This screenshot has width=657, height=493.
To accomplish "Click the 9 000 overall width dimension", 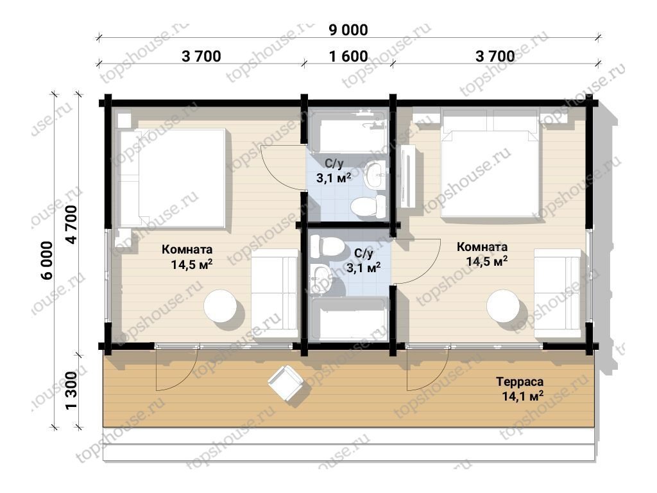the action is tap(348, 30).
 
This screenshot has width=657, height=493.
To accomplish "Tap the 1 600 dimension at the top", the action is tap(348, 56).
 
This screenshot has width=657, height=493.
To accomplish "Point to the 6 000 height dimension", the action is tap(47, 260).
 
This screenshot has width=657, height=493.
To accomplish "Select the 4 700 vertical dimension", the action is tap(71, 224).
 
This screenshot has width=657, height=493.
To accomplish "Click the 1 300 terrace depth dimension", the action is tap(71, 390).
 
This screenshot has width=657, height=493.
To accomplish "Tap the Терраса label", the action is tap(520, 382).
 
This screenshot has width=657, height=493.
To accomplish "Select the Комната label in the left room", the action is tap(187, 250).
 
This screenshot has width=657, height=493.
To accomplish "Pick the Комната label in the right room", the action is tap(482, 246).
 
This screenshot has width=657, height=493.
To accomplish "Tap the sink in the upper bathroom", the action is tap(375, 175).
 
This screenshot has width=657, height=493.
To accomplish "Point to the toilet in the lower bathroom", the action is tap(327, 246).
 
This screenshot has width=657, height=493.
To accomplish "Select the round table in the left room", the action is tap(220, 306).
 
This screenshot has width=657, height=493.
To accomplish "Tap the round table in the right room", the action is tap(503, 306).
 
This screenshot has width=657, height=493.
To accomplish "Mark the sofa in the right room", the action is tap(558, 293).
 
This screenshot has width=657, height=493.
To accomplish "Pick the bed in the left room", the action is tap(173, 178).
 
